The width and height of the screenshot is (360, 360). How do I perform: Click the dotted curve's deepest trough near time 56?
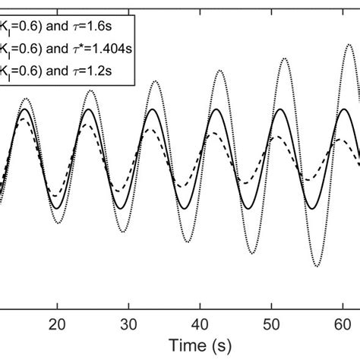[316, 267]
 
